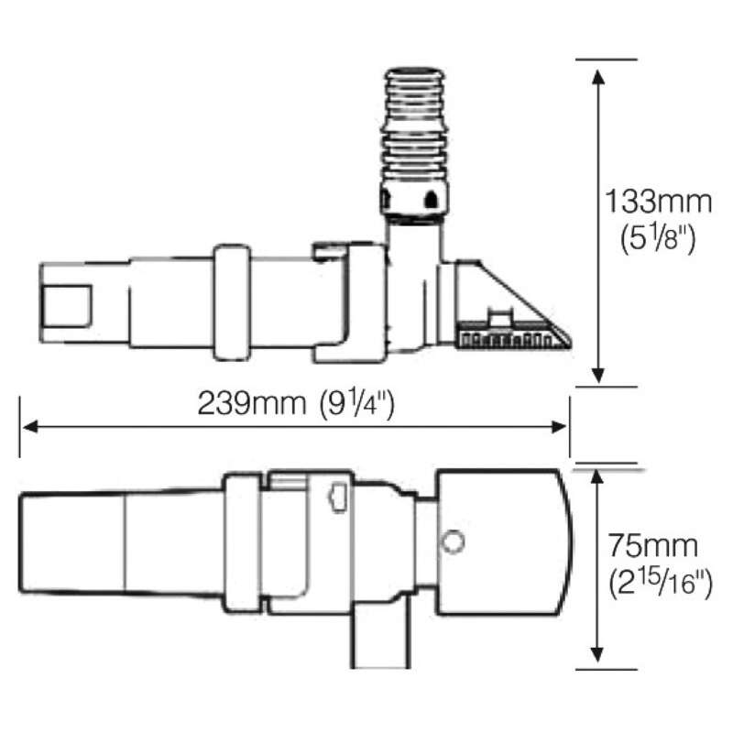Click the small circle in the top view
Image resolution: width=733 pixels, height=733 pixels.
click(451, 542)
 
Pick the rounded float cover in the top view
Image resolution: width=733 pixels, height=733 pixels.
click(502, 542)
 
